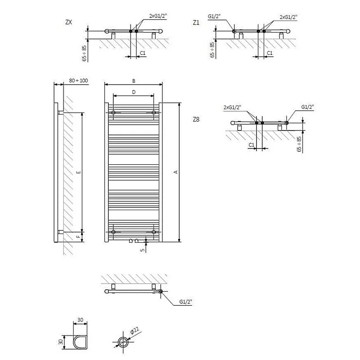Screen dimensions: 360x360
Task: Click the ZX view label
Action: (x=69, y=22)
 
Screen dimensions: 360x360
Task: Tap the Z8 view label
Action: (x=196, y=119)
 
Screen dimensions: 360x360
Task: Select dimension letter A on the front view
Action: (x=176, y=171)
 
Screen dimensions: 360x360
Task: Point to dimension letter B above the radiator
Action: (x=134, y=81)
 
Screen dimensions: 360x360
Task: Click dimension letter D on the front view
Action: (x=134, y=92)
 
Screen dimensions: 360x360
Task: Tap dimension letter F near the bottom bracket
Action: (x=78, y=235)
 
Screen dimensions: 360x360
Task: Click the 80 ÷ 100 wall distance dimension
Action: (x=79, y=81)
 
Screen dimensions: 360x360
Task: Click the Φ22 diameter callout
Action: (x=135, y=332)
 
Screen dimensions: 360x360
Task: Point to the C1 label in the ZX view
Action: (x=143, y=53)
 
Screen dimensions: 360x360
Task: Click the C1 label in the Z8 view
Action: (x=252, y=144)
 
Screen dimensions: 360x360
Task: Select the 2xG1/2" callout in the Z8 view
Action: (x=232, y=107)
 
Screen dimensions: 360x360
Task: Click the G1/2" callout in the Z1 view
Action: (x=214, y=17)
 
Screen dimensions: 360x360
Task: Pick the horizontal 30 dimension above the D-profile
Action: (x=81, y=320)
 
